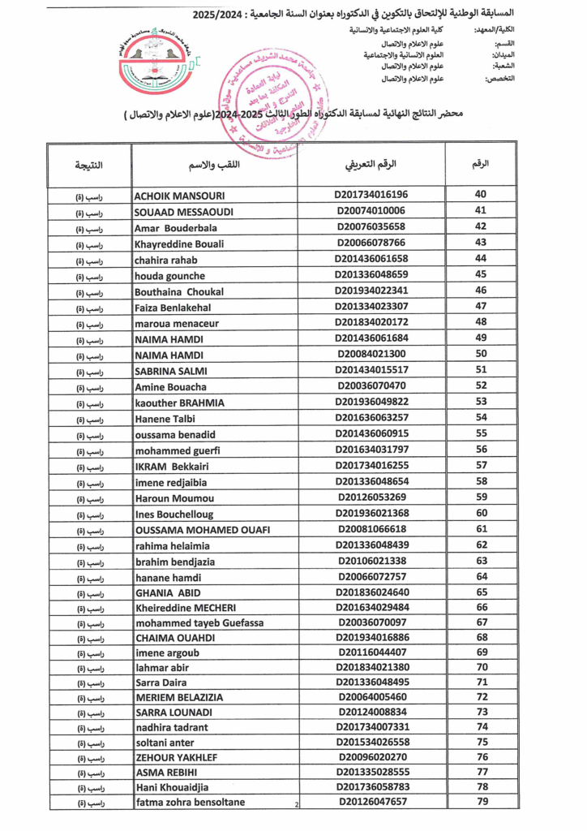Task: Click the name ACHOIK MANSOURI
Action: click(x=179, y=196)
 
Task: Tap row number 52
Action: click(x=481, y=385)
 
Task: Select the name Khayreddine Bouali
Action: click(x=179, y=243)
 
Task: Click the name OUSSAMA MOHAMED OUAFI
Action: click(x=202, y=530)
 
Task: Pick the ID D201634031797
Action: click(x=371, y=450)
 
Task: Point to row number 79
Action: click(x=482, y=802)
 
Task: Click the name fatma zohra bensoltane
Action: click(x=190, y=803)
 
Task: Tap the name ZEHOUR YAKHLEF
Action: click(x=176, y=757)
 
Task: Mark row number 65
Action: click(x=482, y=592)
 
